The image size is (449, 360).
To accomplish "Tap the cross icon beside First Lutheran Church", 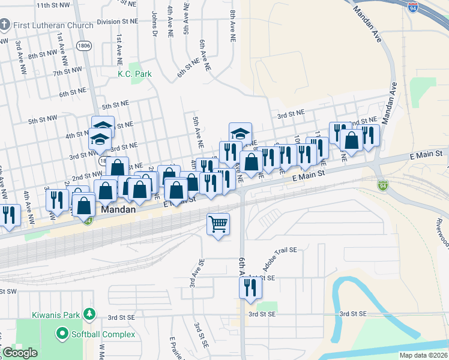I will click(x=5, y=25).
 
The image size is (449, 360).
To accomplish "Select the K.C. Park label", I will click(x=134, y=74).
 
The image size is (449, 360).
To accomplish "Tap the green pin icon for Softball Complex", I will click(x=61, y=332).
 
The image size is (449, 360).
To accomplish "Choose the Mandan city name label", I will click(x=116, y=211).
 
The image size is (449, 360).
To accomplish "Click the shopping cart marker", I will click(x=218, y=224).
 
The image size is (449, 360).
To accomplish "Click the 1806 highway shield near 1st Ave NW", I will click(x=83, y=45).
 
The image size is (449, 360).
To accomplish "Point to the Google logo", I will click(x=20, y=353).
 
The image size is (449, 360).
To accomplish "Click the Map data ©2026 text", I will click(x=423, y=355).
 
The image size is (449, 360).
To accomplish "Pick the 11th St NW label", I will click(x=53, y=5).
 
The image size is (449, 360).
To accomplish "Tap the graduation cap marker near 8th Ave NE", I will click(x=240, y=133).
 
